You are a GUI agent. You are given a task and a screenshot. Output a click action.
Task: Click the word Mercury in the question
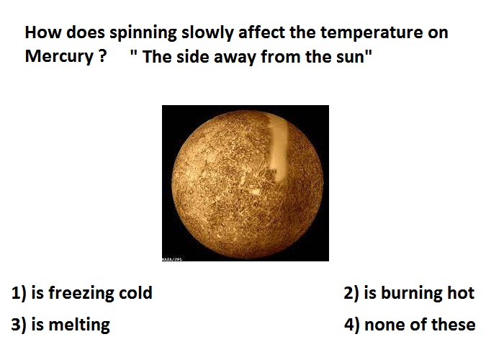click(59, 57)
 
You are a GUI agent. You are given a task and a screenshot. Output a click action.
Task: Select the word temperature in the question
click(372, 32)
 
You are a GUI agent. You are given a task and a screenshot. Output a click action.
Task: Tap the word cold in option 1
click(135, 293)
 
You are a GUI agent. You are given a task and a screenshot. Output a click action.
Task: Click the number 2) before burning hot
click(351, 293)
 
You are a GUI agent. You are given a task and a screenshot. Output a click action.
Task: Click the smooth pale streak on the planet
click(278, 148)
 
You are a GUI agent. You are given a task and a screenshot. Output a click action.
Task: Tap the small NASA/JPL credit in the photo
click(172, 258)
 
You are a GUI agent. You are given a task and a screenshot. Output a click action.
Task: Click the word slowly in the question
click(207, 33)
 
